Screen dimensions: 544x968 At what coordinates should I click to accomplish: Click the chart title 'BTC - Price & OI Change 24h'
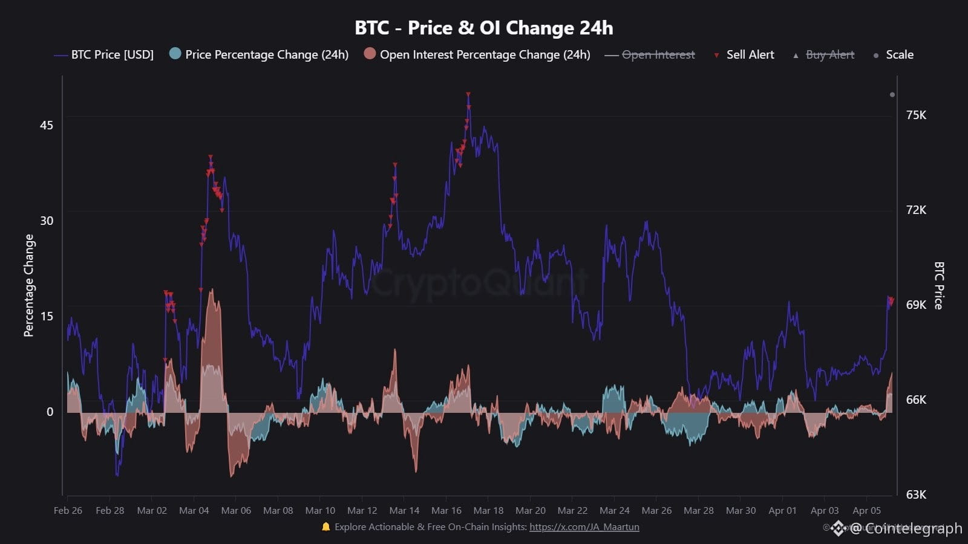click(483, 28)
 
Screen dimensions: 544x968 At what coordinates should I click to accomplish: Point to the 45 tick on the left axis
click(47, 125)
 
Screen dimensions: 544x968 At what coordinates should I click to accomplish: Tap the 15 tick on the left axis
click(47, 316)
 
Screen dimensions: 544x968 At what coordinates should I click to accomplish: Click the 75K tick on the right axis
click(916, 115)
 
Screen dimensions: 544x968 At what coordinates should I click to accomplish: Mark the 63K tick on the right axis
click(916, 494)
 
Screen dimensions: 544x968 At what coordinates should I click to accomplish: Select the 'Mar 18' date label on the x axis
click(488, 510)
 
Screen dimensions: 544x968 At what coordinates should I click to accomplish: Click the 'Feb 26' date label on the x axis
click(68, 510)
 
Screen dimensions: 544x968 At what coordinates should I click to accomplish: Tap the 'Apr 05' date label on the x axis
click(866, 510)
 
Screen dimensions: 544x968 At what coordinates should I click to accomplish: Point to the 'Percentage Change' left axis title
click(29, 285)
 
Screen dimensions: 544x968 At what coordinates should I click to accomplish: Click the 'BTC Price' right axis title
click(938, 285)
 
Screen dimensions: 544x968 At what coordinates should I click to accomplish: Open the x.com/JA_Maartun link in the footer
click(584, 527)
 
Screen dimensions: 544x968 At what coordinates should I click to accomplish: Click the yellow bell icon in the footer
click(326, 526)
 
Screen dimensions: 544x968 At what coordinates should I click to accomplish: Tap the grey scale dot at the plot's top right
click(892, 94)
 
